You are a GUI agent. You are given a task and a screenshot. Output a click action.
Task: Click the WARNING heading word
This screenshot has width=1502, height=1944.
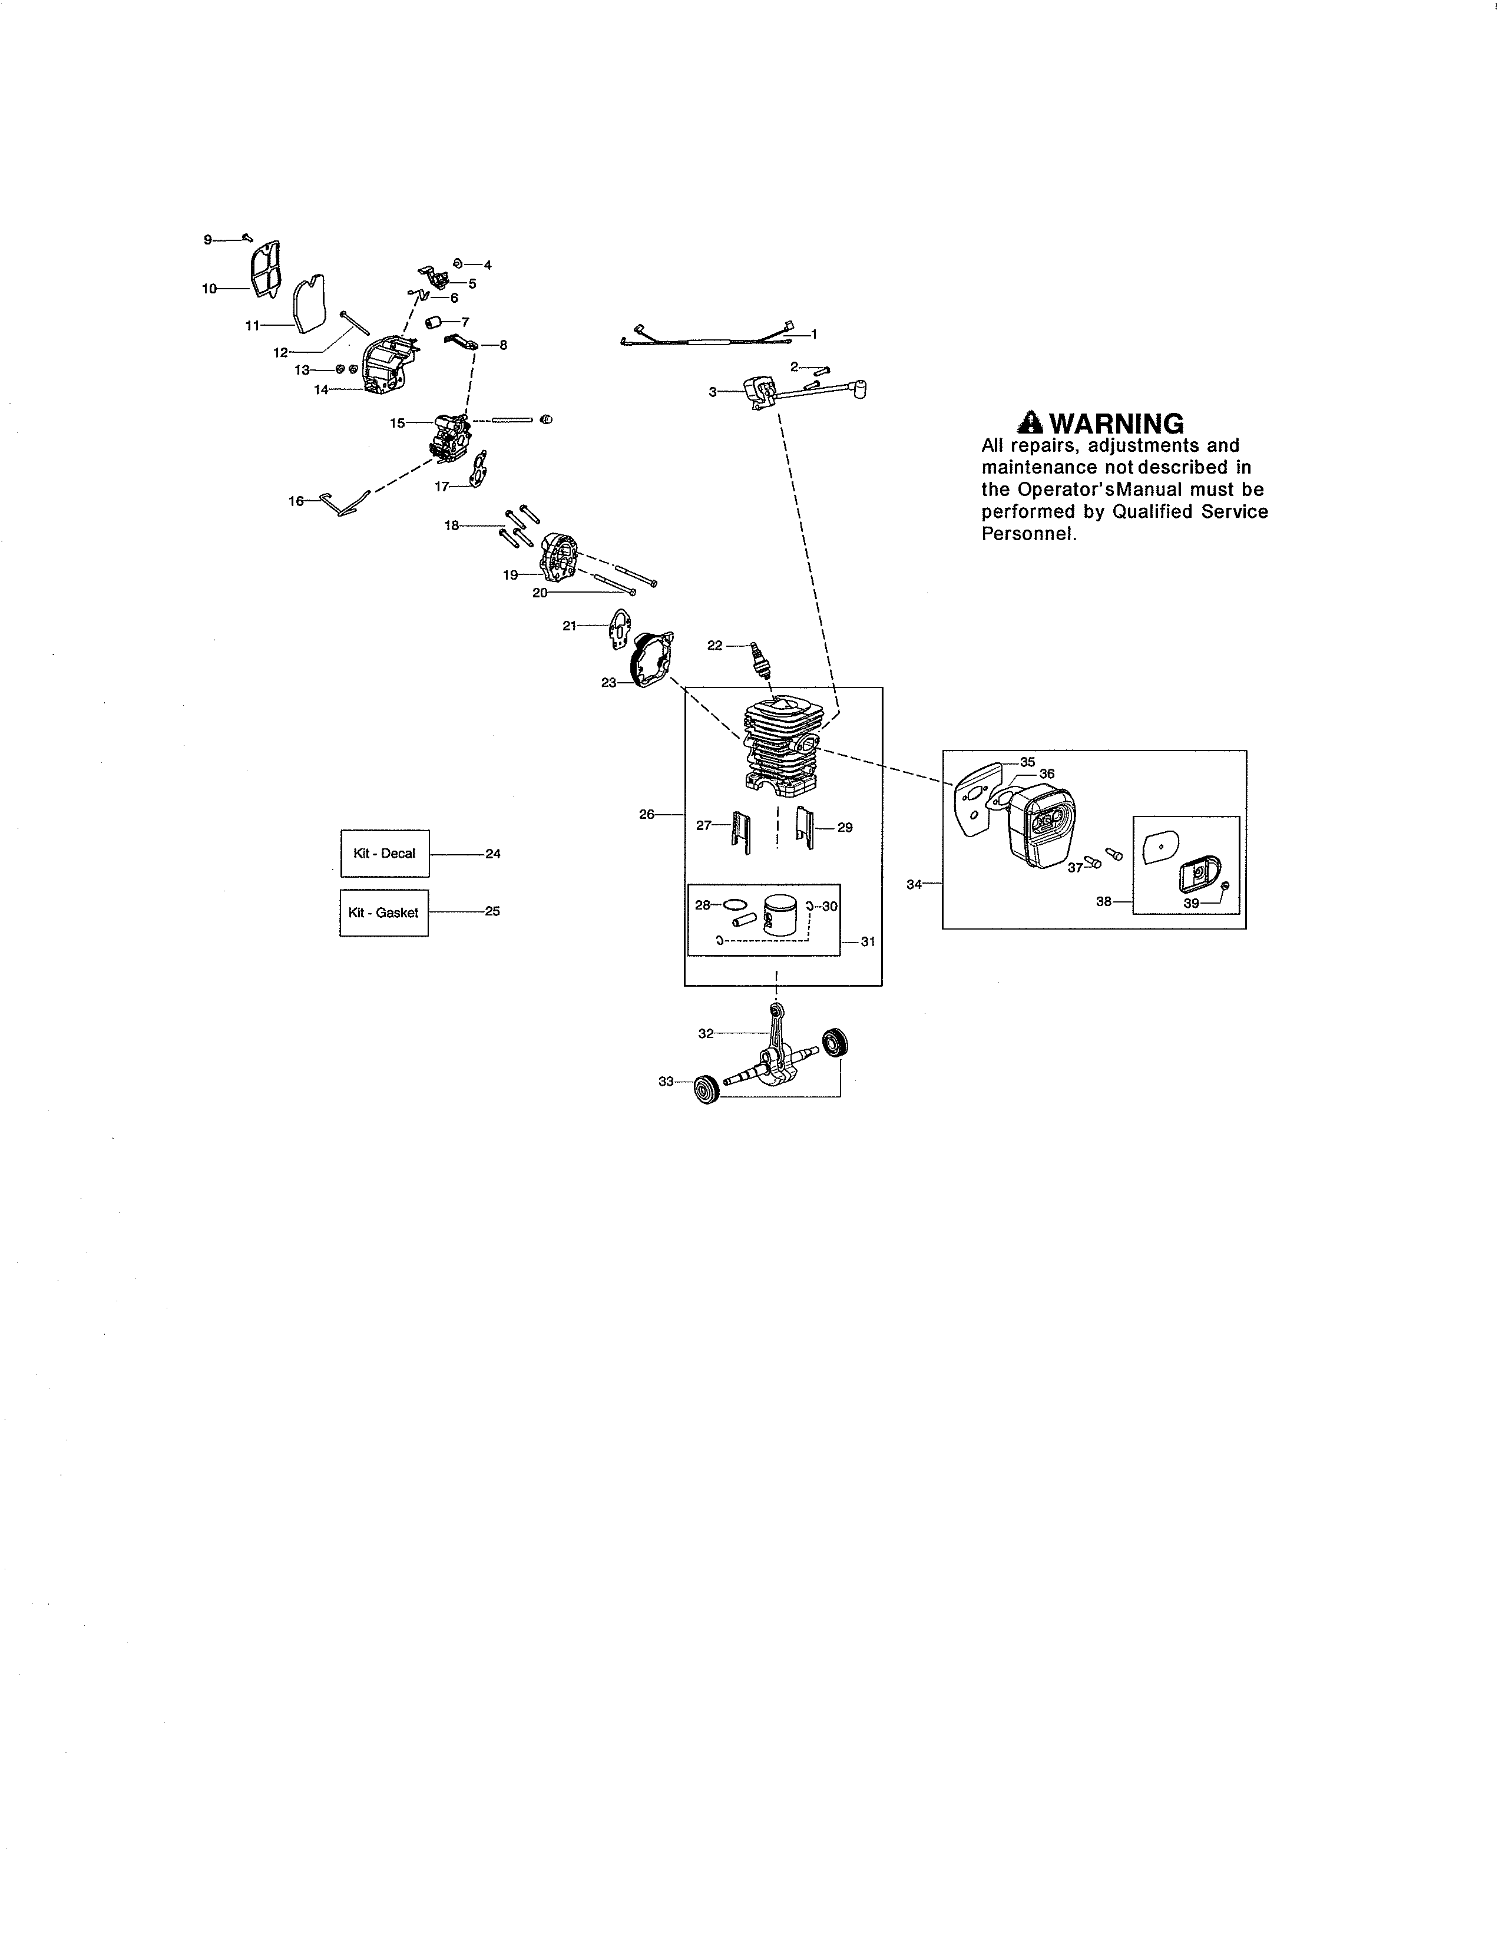[x=1117, y=424]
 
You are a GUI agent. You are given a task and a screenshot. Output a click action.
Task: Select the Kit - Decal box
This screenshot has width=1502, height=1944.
[x=385, y=854]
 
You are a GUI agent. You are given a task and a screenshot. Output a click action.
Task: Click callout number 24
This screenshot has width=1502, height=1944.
[x=493, y=854]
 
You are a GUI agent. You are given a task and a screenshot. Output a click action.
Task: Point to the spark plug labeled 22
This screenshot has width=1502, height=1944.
[x=760, y=660]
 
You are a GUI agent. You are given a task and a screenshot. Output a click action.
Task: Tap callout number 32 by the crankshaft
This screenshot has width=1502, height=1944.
[x=706, y=1033]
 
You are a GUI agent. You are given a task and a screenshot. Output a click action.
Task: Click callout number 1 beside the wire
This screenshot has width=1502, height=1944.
[x=813, y=334]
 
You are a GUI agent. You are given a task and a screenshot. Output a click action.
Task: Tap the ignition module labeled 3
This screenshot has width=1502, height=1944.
[x=759, y=392]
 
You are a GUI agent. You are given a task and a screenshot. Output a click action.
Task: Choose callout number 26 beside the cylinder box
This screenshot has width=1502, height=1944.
[x=647, y=814]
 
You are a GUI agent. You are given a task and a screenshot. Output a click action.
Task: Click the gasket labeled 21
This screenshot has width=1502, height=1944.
[x=617, y=629]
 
